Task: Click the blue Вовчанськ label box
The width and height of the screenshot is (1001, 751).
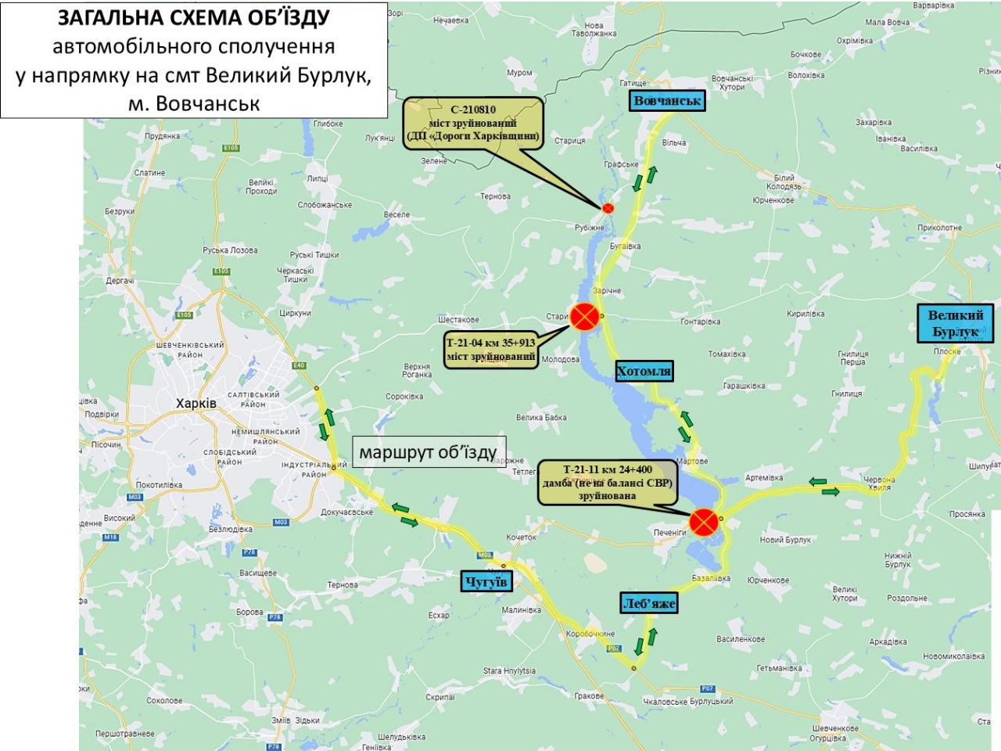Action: coord(667,101)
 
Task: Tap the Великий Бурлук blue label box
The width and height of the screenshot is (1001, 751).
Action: coord(955,323)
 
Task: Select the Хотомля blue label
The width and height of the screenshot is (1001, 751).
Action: coord(644,371)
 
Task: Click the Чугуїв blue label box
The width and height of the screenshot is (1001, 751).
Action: coord(486,581)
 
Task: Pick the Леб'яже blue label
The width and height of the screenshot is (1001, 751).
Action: coord(649,603)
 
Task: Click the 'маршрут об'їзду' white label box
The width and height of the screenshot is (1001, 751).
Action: coord(429,452)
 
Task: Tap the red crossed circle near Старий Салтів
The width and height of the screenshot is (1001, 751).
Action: coord(584,317)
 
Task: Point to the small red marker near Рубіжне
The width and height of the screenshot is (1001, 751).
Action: coord(608,208)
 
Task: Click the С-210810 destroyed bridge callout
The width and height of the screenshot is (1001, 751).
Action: coord(473,123)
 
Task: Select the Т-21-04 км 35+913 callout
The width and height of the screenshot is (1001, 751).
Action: coord(491,350)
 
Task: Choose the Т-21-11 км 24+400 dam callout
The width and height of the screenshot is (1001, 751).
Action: coord(608,482)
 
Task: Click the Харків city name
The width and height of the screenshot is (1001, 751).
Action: coord(196,404)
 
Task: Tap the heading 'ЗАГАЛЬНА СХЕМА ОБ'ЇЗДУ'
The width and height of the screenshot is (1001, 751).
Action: coord(194,18)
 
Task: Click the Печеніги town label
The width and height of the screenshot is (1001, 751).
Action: coord(669,533)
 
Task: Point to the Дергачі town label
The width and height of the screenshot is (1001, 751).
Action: coord(120,281)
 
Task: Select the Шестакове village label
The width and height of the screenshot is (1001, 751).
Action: coord(458,320)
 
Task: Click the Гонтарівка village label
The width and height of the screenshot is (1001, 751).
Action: coord(700,322)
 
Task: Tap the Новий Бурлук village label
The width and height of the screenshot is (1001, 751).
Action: coord(785,540)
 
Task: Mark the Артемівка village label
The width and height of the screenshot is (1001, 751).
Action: coord(764,478)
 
